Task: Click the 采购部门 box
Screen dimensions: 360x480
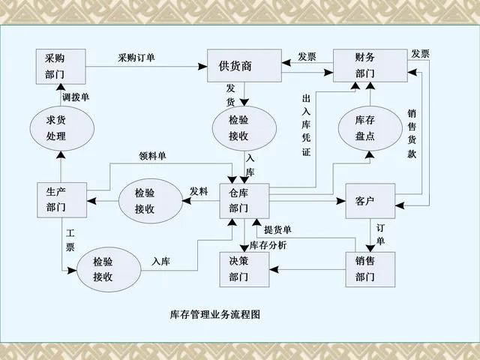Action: [60, 67]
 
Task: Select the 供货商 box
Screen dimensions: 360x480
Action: [244, 66]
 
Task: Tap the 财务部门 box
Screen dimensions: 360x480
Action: [364, 66]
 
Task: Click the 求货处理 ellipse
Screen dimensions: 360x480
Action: [57, 128]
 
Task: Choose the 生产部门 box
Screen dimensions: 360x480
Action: [61, 199]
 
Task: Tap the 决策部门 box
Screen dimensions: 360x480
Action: [244, 268]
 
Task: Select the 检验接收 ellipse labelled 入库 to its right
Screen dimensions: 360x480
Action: [107, 268]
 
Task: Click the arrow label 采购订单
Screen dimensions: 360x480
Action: [136, 58]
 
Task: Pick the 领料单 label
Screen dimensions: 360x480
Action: [154, 156]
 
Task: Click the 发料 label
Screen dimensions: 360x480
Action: [199, 191]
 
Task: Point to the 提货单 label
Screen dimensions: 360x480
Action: [279, 229]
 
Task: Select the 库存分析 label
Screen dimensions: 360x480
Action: [268, 245]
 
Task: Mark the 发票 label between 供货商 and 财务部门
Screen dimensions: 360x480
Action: [307, 56]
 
